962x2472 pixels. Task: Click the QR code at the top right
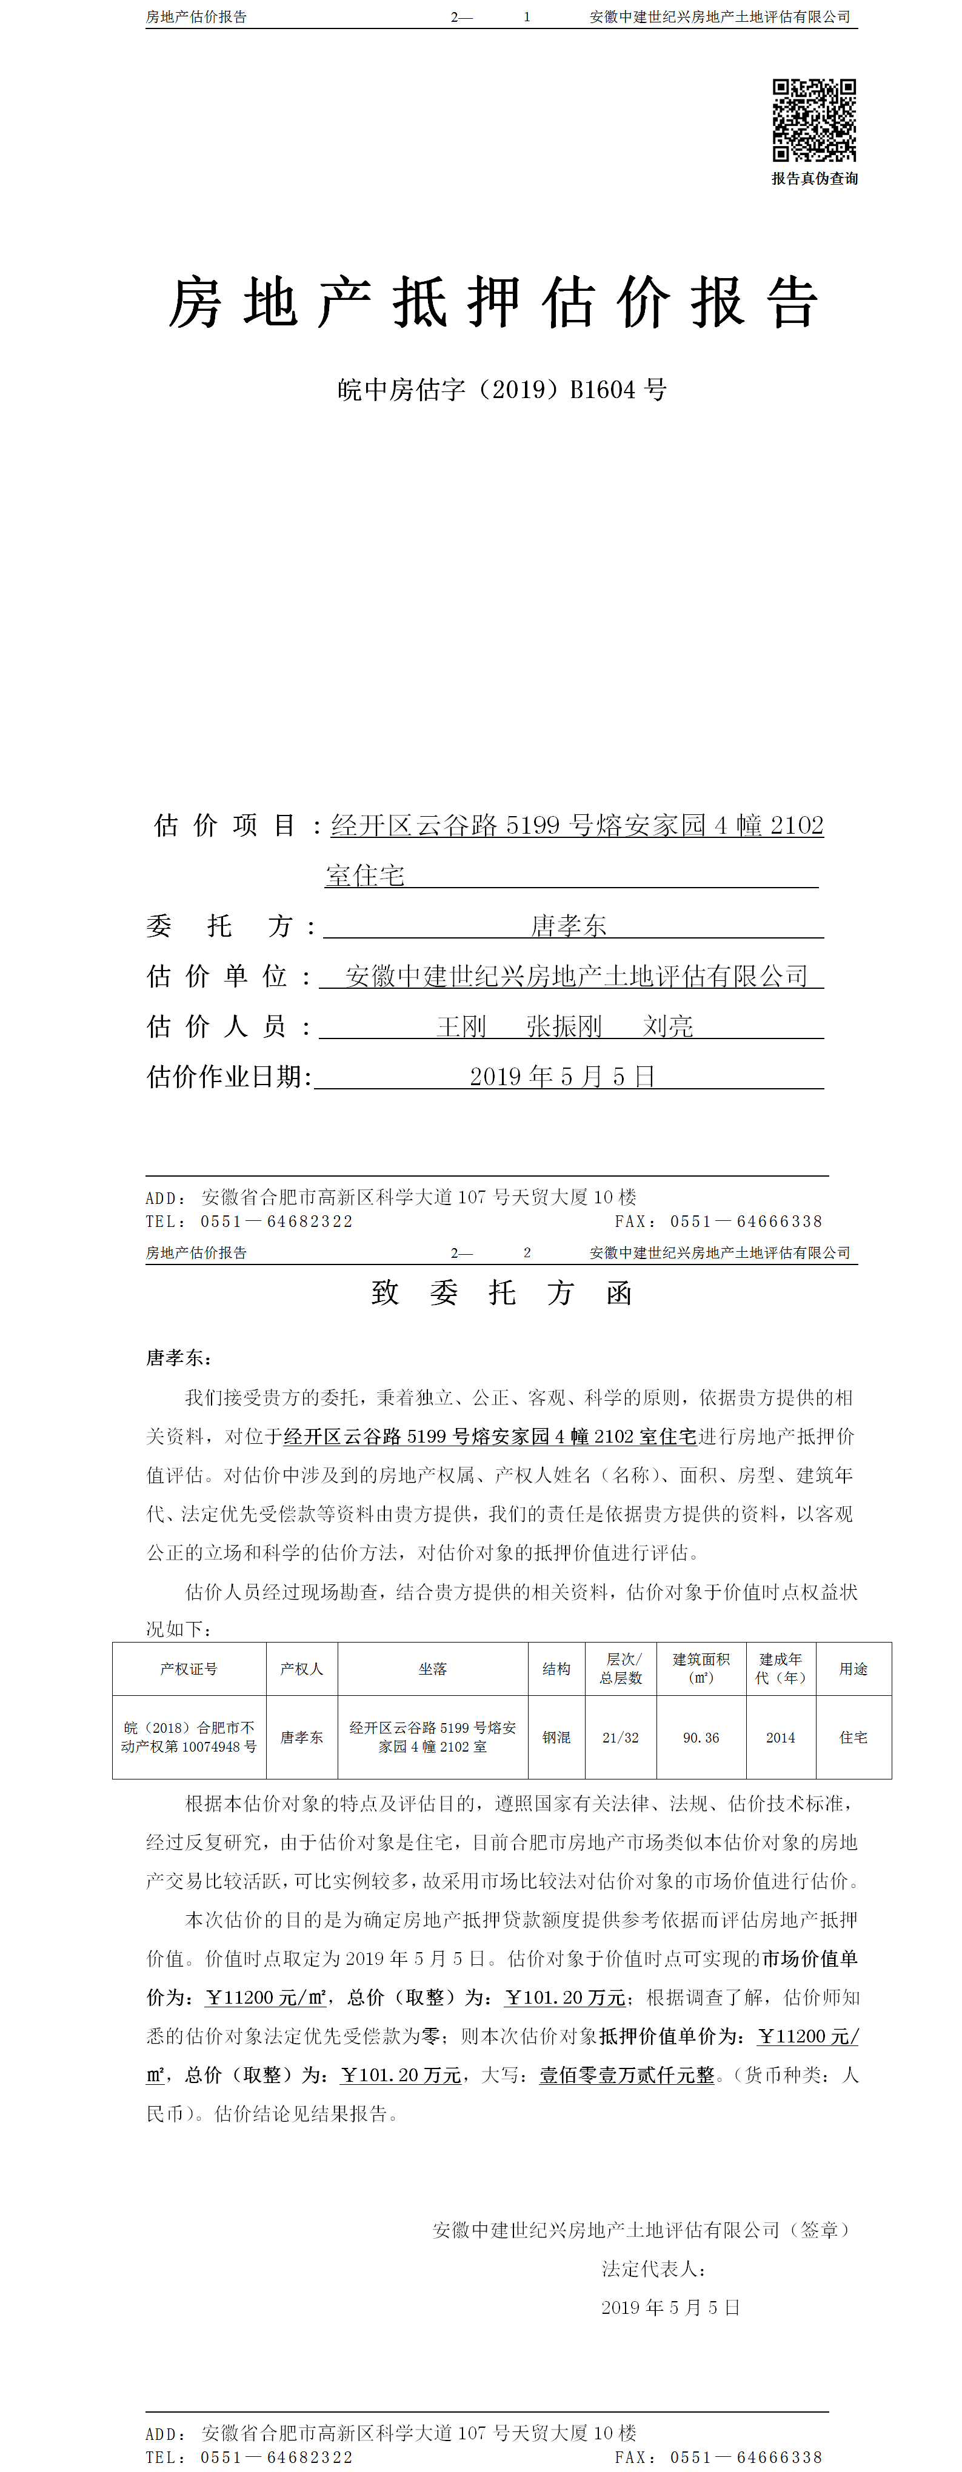click(x=814, y=120)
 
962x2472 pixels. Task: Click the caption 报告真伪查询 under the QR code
click(x=814, y=179)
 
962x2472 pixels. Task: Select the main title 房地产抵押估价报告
click(x=493, y=303)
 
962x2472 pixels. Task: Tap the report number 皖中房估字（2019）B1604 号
click(x=502, y=390)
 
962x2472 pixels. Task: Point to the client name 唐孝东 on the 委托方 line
click(x=569, y=926)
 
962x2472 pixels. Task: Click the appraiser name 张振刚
click(x=564, y=1027)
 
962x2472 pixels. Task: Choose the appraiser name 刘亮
click(x=667, y=1027)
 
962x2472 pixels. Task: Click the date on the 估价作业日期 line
click(x=562, y=1077)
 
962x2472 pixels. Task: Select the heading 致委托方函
click(x=501, y=1294)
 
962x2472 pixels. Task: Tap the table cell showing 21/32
click(x=620, y=1738)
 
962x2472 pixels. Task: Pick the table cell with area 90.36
click(x=701, y=1738)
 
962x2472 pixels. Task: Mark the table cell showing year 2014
click(x=781, y=1738)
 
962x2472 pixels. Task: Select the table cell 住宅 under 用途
click(x=853, y=1738)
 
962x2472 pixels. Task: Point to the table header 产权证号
click(x=189, y=1669)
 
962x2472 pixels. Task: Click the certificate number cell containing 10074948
click(x=189, y=1738)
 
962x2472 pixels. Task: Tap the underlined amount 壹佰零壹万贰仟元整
click(x=627, y=2075)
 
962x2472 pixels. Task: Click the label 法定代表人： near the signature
click(x=655, y=2268)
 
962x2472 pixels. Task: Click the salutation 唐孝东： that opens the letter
click(x=179, y=1358)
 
